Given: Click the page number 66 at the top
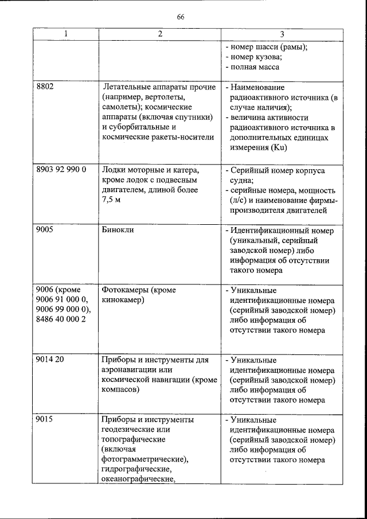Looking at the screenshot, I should pos(181,17).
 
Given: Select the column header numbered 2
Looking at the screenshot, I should pos(160,34).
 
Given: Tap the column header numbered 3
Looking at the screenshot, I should pos(282,34).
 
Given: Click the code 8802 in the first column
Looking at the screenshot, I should pos(46,87).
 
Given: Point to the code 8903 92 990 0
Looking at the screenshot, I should pos(61,170).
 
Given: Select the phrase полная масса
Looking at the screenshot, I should pos(255,68).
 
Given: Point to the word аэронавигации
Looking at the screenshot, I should pos(130,370).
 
